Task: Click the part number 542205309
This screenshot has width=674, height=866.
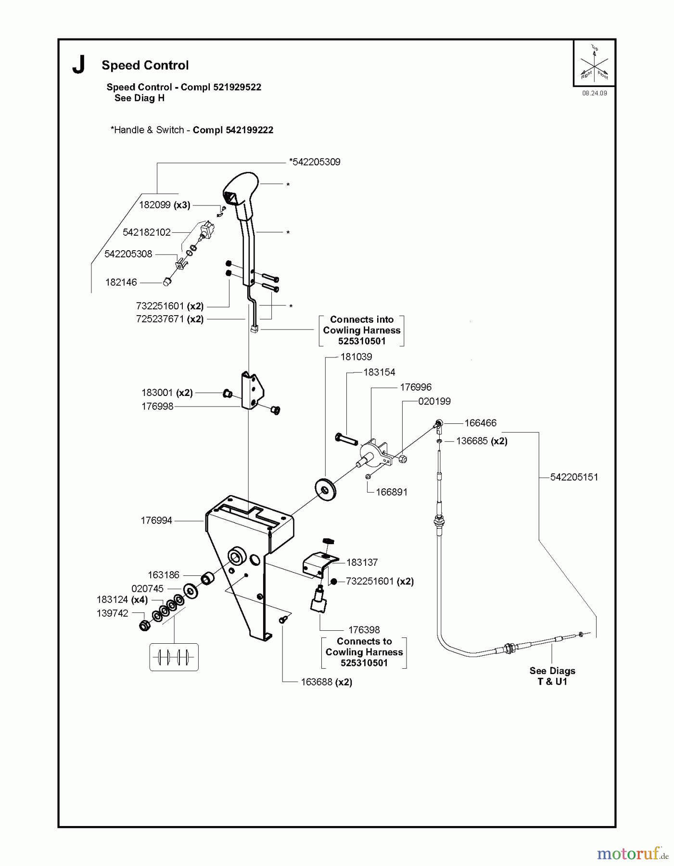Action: click(315, 162)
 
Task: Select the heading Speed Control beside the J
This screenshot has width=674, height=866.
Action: click(145, 65)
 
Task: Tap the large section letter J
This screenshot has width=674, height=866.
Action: click(78, 65)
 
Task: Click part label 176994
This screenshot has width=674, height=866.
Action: click(156, 521)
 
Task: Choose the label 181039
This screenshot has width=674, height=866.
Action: click(356, 357)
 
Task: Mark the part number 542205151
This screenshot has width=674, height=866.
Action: click(574, 477)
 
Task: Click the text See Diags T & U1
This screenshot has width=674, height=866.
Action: click(552, 676)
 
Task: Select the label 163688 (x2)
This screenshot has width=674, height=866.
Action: click(326, 682)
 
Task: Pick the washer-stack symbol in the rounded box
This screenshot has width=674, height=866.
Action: click(174, 657)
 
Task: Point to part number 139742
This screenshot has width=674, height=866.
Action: click(113, 613)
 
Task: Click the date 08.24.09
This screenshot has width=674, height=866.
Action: click(595, 93)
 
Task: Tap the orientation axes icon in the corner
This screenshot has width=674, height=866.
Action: click(595, 63)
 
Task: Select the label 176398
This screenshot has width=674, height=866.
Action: click(364, 630)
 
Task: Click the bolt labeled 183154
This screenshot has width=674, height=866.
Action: click(346, 439)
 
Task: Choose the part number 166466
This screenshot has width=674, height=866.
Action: click(480, 423)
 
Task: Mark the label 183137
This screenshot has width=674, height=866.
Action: click(362, 562)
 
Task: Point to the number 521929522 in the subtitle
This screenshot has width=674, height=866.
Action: click(233, 87)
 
